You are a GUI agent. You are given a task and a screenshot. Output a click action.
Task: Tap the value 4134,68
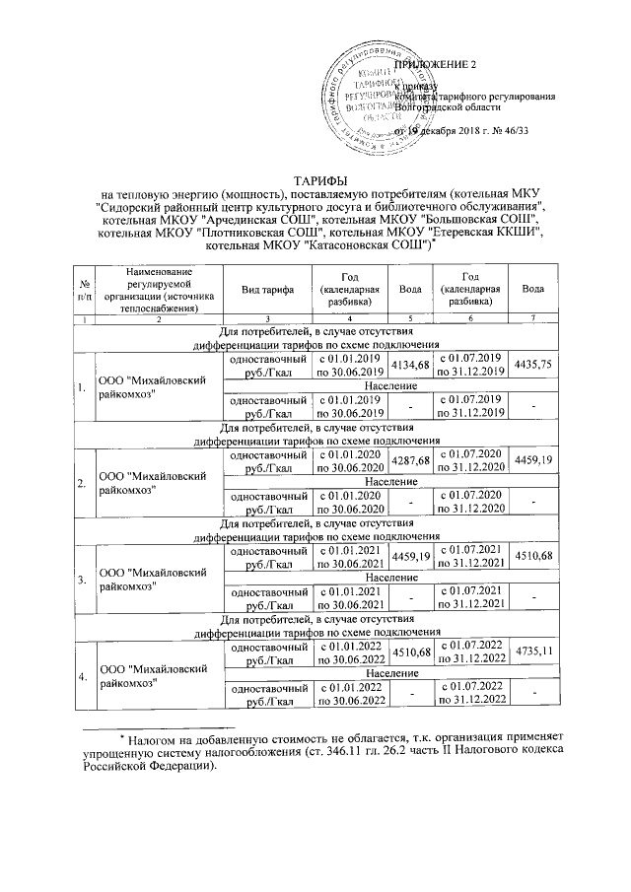(412, 365)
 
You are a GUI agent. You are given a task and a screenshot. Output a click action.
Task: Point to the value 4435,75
(534, 365)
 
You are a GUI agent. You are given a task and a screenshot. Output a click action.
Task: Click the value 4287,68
(412, 460)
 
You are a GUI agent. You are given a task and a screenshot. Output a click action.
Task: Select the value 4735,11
(534, 652)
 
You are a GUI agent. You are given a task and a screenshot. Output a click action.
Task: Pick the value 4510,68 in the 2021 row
(534, 556)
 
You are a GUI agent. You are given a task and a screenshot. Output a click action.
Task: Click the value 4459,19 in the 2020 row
(534, 460)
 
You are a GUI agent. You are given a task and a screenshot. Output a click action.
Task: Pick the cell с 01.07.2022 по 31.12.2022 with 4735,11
(471, 652)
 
